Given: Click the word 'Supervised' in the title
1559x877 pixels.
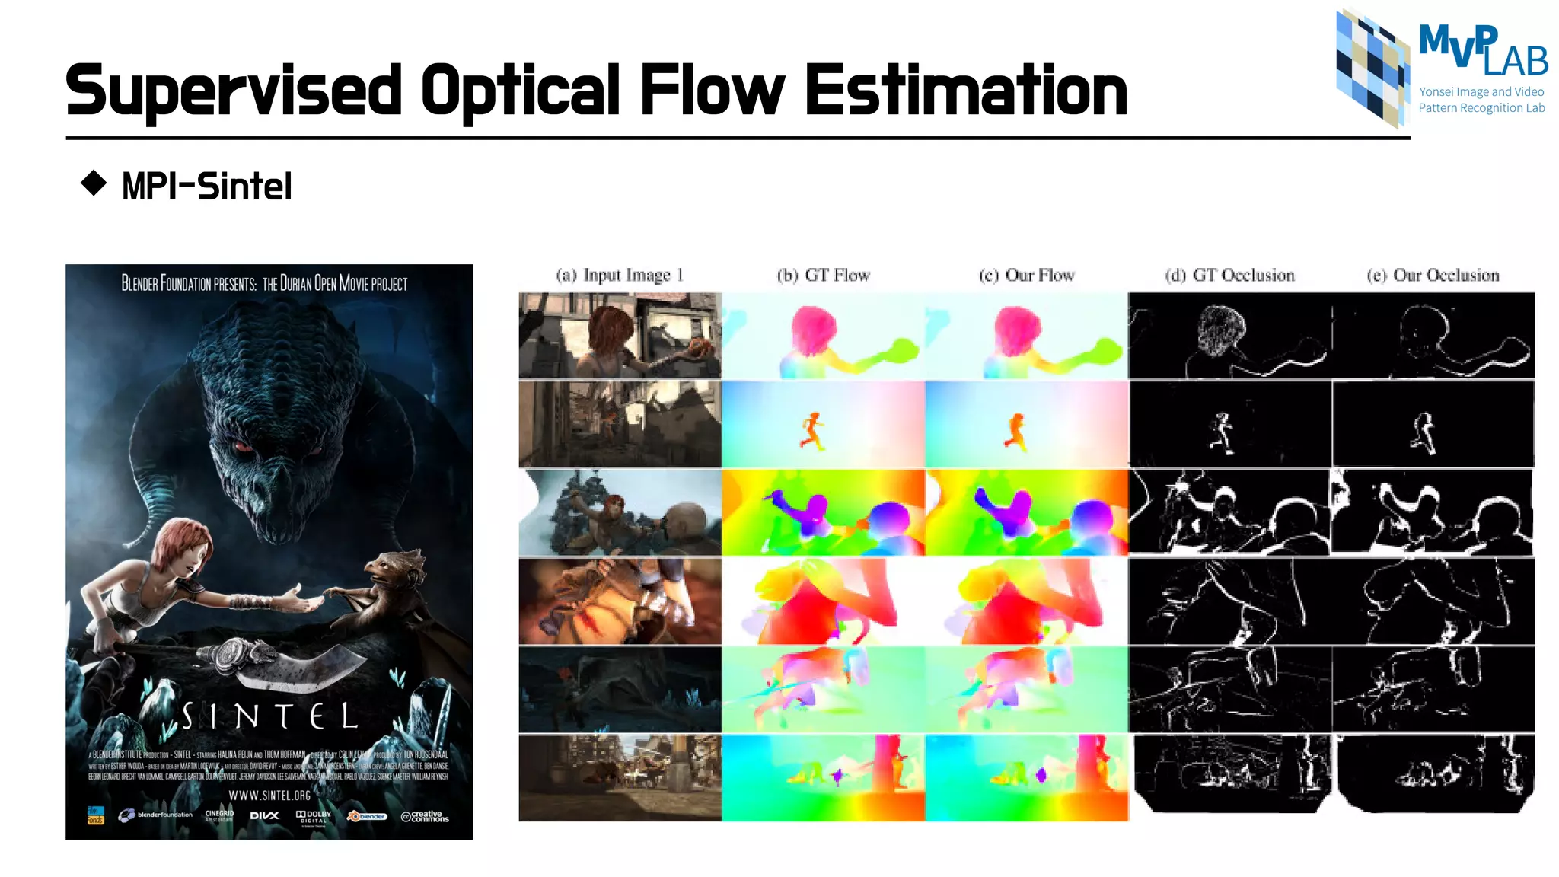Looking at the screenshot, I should (x=233, y=91).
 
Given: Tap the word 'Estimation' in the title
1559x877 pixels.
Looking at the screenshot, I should (x=965, y=91).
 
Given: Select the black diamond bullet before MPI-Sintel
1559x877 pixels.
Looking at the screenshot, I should (x=94, y=183).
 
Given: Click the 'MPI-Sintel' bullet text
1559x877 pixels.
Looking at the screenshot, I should (x=206, y=187).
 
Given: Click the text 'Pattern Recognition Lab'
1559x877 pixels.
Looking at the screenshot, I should (x=1481, y=108).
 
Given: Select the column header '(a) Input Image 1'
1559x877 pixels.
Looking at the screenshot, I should (x=620, y=275).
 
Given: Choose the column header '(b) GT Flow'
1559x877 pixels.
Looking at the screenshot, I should (x=823, y=275).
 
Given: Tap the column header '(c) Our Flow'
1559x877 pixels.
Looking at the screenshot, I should (x=1026, y=275).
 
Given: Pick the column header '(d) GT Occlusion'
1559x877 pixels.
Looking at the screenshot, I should (x=1229, y=275).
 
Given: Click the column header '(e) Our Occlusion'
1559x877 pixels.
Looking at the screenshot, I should (x=1433, y=275).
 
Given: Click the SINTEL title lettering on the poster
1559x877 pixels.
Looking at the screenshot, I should (x=269, y=716).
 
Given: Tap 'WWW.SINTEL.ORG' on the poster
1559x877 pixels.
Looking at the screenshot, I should (x=269, y=796).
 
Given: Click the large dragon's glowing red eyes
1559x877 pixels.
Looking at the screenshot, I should (x=244, y=445).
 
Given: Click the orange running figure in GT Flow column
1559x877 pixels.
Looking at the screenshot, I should (x=812, y=431).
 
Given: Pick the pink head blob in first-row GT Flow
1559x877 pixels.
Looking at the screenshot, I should (x=814, y=330).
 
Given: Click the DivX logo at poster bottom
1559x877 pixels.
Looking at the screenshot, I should (x=264, y=815).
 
